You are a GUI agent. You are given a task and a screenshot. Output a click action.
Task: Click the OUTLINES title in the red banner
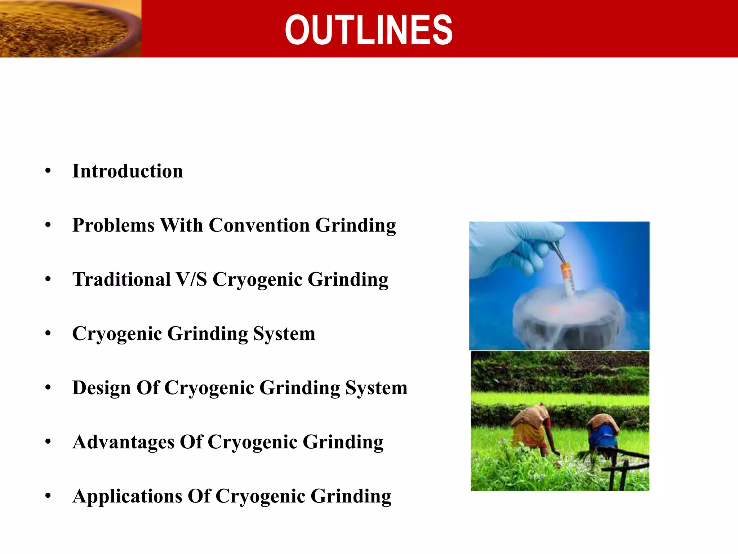(x=368, y=30)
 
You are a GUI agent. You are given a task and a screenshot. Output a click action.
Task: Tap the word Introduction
(x=128, y=171)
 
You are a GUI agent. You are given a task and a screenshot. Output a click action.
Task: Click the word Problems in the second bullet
(x=113, y=225)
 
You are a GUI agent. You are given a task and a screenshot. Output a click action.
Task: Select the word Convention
(x=259, y=225)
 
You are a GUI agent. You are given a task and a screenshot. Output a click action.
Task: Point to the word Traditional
(x=121, y=280)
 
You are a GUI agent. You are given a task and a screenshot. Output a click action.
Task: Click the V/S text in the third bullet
(x=191, y=280)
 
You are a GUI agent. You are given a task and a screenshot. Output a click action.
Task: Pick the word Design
(x=101, y=388)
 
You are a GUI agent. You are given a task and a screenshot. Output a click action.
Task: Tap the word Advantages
(x=123, y=442)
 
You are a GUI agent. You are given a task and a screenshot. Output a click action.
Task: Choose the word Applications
(x=127, y=496)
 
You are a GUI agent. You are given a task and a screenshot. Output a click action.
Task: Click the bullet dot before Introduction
(x=48, y=171)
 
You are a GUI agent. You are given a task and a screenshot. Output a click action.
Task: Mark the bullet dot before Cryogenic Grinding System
(x=48, y=334)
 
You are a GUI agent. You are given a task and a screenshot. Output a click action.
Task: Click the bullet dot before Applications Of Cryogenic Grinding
(x=48, y=496)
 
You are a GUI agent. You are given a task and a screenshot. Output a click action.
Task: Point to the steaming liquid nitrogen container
(x=566, y=321)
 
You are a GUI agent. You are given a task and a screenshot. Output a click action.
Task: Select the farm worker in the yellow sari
(x=532, y=429)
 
